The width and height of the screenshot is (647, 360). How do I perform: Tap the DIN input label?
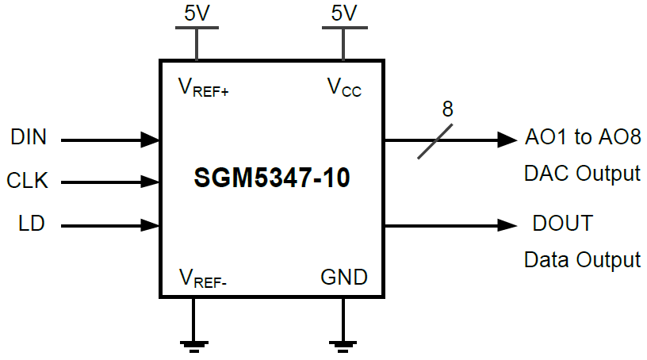(x=29, y=137)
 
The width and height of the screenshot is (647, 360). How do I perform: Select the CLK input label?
(x=28, y=181)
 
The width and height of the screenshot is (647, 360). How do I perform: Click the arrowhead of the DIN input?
(x=151, y=140)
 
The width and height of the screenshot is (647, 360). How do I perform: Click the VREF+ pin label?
(x=204, y=86)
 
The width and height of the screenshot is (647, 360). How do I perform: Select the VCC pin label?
(x=344, y=86)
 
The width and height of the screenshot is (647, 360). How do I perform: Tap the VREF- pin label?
(x=203, y=278)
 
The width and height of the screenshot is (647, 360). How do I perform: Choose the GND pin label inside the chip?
(x=344, y=278)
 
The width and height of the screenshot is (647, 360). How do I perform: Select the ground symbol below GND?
(x=343, y=343)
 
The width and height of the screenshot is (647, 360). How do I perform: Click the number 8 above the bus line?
(x=447, y=110)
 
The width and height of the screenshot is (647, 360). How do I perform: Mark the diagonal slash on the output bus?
(x=436, y=140)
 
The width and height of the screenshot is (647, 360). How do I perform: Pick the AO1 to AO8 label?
(x=582, y=137)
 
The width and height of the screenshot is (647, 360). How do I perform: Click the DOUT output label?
(x=562, y=224)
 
